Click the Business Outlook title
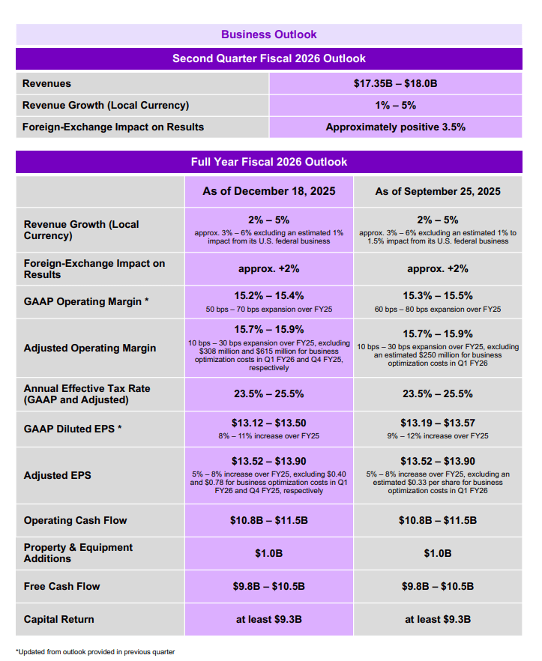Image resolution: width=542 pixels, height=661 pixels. [269, 34]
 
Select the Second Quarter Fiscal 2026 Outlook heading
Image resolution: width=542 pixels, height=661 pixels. [269, 58]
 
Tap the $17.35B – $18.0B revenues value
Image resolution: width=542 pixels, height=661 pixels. [395, 84]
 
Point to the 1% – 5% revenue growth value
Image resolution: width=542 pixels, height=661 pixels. [395, 106]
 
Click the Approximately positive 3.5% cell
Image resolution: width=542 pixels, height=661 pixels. [395, 127]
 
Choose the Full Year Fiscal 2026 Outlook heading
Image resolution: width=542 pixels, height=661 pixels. [269, 162]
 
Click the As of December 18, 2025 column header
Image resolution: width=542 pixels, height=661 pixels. [269, 192]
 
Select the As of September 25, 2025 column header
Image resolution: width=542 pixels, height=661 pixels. [438, 192]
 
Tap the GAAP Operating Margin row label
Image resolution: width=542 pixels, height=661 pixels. [86, 301]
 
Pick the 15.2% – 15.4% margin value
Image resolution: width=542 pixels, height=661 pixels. [269, 296]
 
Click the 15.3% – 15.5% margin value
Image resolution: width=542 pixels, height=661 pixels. [438, 296]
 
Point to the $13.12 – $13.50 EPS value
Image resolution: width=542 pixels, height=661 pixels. [269, 423]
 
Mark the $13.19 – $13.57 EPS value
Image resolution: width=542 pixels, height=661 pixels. [438, 423]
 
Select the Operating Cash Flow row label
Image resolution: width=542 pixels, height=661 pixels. [75, 520]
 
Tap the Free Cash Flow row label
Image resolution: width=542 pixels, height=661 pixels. [61, 586]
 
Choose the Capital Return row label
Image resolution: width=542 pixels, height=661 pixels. [58, 619]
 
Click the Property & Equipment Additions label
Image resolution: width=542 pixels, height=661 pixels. [78, 553]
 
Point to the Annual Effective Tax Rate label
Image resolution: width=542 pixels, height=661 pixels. [87, 394]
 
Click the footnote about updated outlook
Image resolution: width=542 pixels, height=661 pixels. [95, 652]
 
